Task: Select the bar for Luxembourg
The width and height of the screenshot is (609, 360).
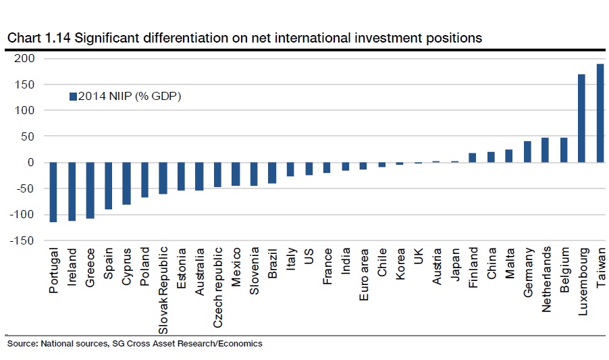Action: pyautogui.click(x=582, y=118)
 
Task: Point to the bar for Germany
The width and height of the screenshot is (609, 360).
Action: pyautogui.click(x=527, y=151)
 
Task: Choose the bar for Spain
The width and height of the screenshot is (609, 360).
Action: pyautogui.click(x=108, y=186)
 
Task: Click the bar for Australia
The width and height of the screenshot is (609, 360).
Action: pyautogui.click(x=199, y=176)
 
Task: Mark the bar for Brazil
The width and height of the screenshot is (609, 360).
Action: pyautogui.click(x=272, y=173)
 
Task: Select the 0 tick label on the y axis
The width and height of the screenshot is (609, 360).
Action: pyautogui.click(x=30, y=162)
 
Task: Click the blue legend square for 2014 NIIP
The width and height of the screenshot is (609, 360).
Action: pyautogui.click(x=74, y=96)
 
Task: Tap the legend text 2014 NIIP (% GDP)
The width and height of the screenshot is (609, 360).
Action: pyautogui.click(x=130, y=96)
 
